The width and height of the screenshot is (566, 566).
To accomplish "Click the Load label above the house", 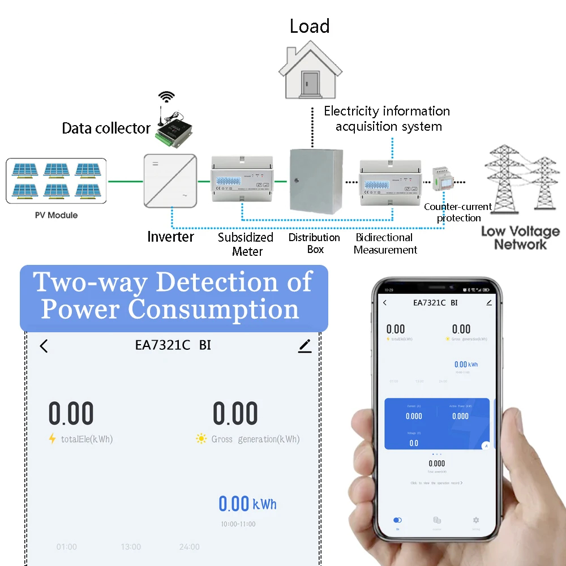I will pos(310,27).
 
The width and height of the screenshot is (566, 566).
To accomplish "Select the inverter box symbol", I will pos(170,181).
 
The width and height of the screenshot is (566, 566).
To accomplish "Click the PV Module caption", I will pos(55,216).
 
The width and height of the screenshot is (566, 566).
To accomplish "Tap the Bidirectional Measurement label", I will pos(385,244).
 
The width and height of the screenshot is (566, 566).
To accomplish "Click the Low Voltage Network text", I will pos(520,238).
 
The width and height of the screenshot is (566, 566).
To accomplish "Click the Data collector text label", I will pos(106,128).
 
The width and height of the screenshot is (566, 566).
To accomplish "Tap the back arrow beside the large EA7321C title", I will pos(44,346).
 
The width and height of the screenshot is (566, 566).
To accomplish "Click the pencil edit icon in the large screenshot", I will pos(305,346).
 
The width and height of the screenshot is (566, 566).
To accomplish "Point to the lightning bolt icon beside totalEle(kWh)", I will pos(53,439).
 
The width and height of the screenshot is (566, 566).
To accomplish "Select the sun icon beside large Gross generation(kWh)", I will pos(201,439).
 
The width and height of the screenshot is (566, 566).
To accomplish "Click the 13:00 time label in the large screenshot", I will pos(131,547).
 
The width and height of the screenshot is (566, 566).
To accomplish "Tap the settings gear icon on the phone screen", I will pos(476,520).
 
